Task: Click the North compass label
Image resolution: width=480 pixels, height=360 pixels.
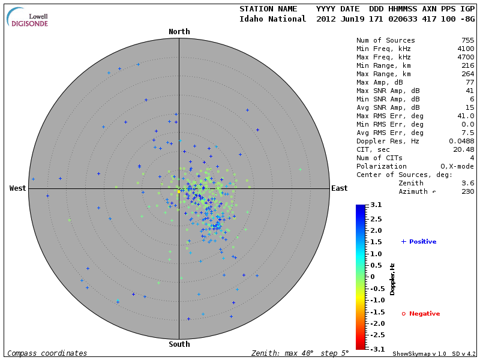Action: point(179,32)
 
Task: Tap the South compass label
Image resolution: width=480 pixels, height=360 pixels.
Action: point(179,344)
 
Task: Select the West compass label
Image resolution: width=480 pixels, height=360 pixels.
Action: point(18,188)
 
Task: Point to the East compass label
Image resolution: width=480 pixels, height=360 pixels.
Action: point(339,188)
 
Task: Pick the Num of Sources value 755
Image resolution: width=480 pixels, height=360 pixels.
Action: point(467,40)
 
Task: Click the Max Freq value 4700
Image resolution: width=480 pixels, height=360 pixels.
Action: point(465,57)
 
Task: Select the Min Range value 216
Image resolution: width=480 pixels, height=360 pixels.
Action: point(467,65)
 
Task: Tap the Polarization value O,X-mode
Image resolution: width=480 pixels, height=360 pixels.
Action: point(457,166)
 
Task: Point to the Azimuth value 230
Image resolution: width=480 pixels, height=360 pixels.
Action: point(467,191)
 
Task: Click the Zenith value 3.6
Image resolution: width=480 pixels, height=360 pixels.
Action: point(467,183)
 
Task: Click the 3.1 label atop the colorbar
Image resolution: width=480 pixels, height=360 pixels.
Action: point(376,205)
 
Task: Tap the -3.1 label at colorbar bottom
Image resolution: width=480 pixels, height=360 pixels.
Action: point(375,349)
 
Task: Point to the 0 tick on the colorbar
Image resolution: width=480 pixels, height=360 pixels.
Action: point(372,277)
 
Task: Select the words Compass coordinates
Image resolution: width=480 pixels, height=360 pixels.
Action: point(47,353)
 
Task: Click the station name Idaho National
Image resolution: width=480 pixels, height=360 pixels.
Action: point(273,19)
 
